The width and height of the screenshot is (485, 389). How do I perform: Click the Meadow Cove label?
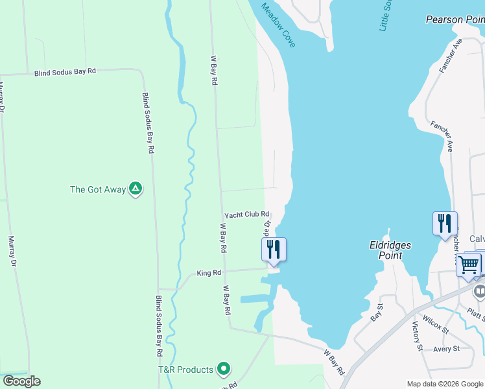[x=278, y=25]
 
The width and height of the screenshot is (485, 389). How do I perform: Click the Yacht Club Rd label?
[x=246, y=215]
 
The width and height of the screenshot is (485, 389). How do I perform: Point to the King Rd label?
[x=209, y=274]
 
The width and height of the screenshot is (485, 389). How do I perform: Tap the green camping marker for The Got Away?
[x=136, y=189]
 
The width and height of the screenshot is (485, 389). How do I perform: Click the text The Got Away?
[x=98, y=190]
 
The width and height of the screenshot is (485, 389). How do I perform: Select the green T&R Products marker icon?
[x=224, y=370]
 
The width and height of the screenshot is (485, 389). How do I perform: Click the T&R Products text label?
[x=185, y=370]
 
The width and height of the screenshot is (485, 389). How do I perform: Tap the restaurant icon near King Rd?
[x=274, y=250]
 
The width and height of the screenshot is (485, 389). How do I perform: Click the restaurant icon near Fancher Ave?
[x=445, y=224]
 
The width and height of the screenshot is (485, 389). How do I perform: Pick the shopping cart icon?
[x=469, y=264]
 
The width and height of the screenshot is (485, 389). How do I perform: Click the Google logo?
[x=21, y=381]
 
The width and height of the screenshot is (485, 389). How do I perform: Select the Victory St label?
[x=418, y=336]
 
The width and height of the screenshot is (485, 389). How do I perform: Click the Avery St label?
[x=446, y=348]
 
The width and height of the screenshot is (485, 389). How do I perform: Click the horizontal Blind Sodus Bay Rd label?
[x=65, y=72]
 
